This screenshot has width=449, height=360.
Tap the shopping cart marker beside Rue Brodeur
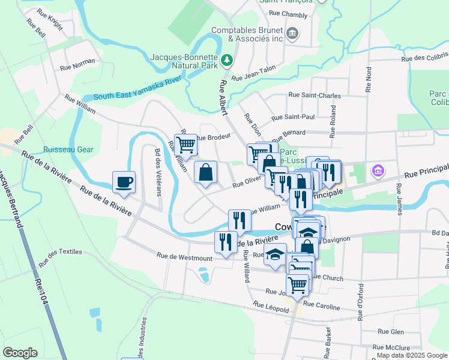[186, 145]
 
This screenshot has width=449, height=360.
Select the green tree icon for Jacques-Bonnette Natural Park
[227, 59]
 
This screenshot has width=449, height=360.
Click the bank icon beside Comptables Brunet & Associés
[292, 32]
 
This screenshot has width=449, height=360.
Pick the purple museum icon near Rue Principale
[377, 171]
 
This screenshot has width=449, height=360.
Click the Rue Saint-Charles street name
[315, 95]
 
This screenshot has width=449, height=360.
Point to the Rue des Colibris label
[424, 58]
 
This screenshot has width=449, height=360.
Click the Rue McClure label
[391, 347]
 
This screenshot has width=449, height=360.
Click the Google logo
[20, 352]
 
